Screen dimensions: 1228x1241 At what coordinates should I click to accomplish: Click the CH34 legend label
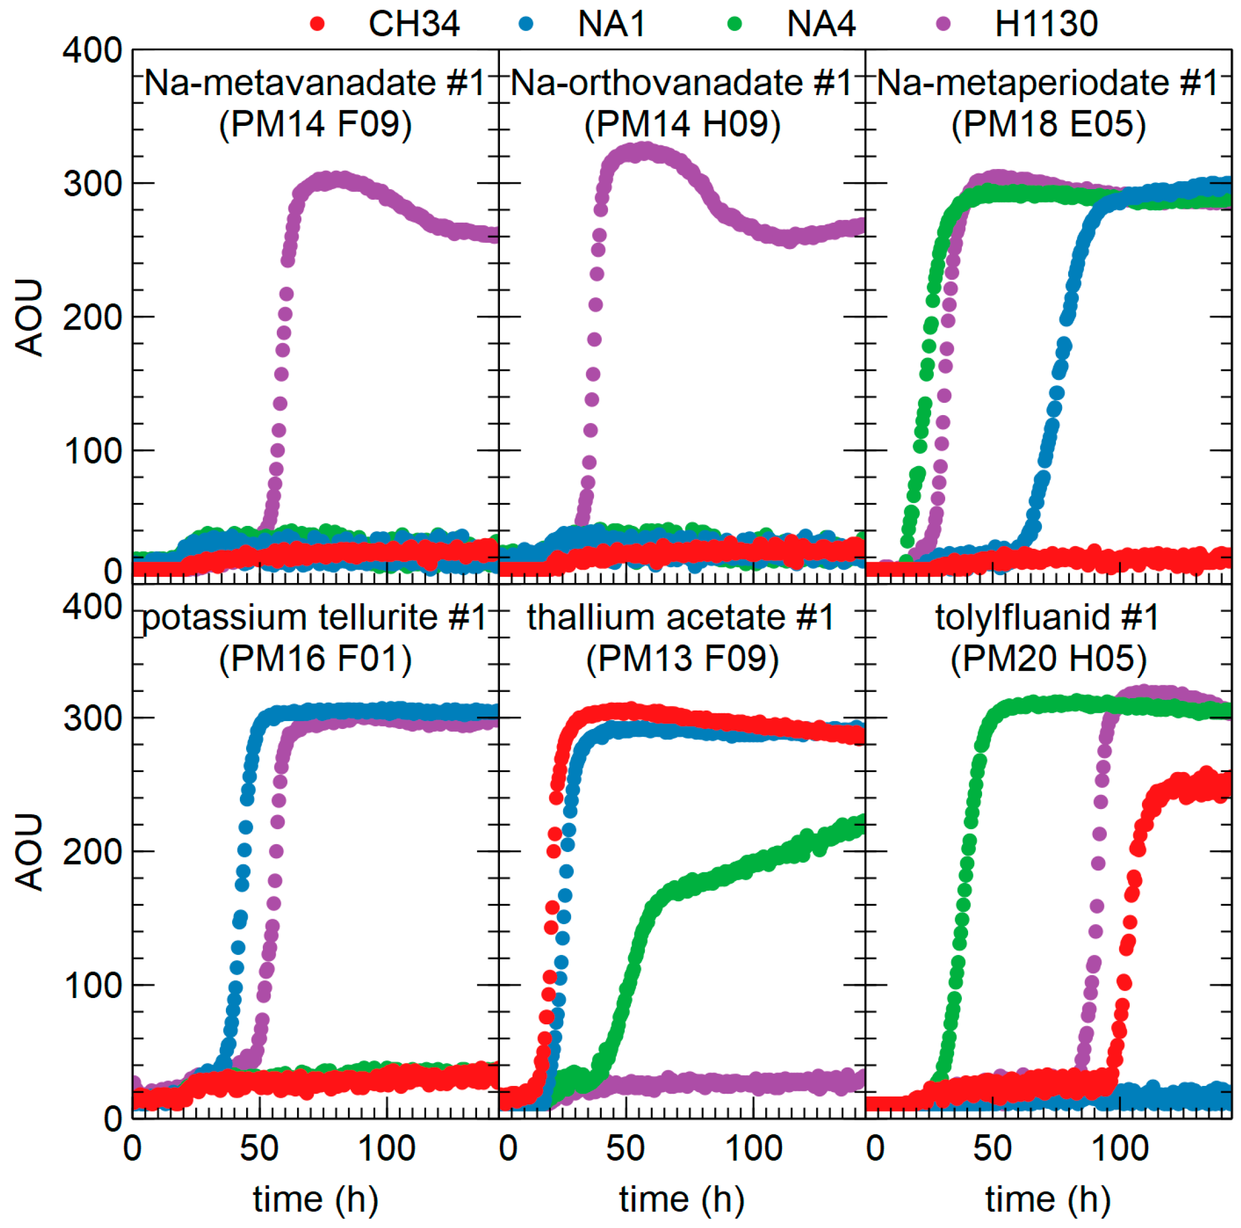pyautogui.click(x=414, y=25)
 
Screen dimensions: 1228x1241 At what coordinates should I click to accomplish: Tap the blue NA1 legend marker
pyautogui.click(x=526, y=25)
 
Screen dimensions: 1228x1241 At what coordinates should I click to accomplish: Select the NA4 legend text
pyautogui.click(x=820, y=25)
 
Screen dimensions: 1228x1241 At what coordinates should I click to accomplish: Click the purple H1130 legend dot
pyautogui.click(x=943, y=25)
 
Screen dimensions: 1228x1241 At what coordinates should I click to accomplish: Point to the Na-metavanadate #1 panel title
pyautogui.click(x=315, y=83)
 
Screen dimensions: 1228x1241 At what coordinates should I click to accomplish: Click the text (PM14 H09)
pyautogui.click(x=682, y=124)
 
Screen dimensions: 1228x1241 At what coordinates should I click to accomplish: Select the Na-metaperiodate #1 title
pyautogui.click(x=1047, y=83)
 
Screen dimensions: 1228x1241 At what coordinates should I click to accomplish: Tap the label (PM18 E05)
pyautogui.click(x=1048, y=124)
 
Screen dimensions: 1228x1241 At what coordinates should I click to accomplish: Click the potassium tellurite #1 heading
pyautogui.click(x=315, y=618)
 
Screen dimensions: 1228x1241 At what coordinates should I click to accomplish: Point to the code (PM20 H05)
pyautogui.click(x=1048, y=658)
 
